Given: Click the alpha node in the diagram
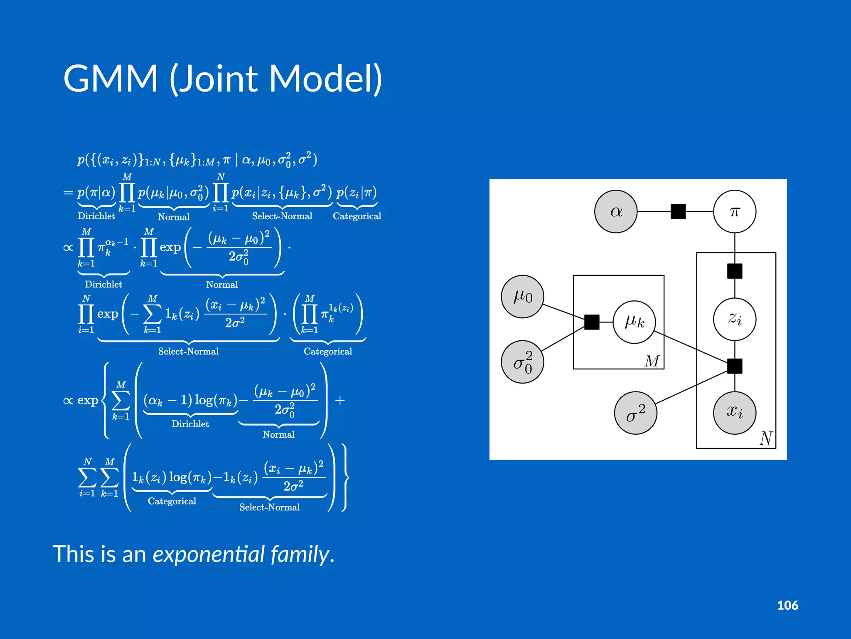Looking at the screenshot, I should (615, 211).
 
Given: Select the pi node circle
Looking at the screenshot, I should (734, 211).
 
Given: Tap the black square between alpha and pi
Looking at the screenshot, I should (678, 211).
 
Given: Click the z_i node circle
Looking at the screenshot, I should (734, 319).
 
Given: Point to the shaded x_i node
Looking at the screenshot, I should (734, 412).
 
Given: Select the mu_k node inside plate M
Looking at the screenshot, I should (634, 322).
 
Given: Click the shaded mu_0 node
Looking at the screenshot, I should (522, 297).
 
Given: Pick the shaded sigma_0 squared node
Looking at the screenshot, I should (522, 362).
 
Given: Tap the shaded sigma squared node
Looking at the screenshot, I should (635, 413).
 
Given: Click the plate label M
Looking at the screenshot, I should (652, 361).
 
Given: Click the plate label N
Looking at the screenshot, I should (766, 438).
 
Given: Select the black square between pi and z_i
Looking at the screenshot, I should (734, 271).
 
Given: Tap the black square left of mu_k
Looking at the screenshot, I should (592, 322).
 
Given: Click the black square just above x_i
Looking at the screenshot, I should (734, 366).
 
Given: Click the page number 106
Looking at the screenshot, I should (787, 605).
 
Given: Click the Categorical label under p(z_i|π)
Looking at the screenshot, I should (357, 216).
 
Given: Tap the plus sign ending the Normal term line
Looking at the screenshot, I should (340, 401).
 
